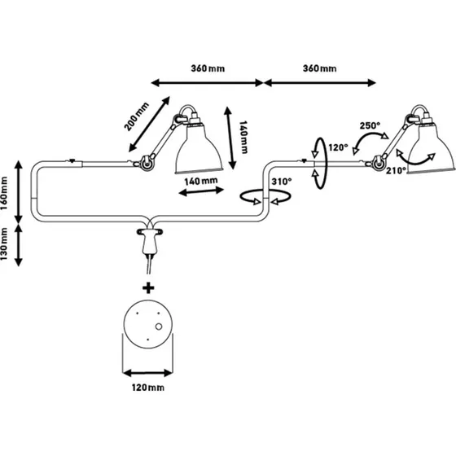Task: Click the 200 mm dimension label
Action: tap(137, 116)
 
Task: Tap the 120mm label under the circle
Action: tap(148, 388)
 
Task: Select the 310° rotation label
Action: tap(282, 182)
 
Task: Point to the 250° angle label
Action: tap(370, 125)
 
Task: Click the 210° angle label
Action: tap(396, 170)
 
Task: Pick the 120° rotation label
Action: tap(338, 147)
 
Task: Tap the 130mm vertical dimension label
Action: tap(4, 244)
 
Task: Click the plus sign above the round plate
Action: tap(148, 288)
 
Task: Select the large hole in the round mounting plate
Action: tap(159, 327)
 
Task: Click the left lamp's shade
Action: tap(199, 149)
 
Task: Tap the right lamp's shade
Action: tap(432, 149)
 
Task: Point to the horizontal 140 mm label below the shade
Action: tap(201, 181)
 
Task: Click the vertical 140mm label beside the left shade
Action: tap(243, 137)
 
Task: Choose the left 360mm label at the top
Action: tap(208, 68)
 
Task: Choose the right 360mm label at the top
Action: tap(319, 68)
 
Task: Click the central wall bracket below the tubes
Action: tap(150, 240)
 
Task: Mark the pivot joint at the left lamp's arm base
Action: tap(146, 162)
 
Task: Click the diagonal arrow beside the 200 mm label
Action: tap(149, 124)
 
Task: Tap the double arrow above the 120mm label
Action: tap(147, 373)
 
